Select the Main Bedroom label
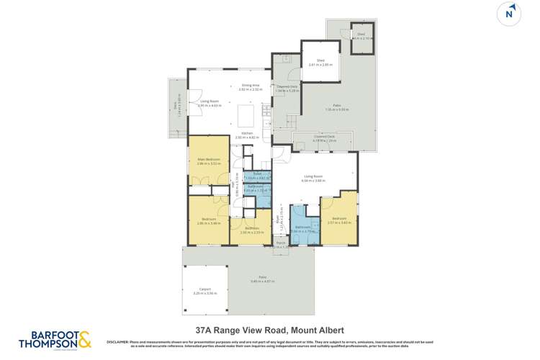pyautogui.click(x=209, y=161)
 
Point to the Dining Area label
pyautogui.click(x=250, y=87)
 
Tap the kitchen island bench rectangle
pyautogui.click(x=246, y=116)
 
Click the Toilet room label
pyautogui.click(x=258, y=175)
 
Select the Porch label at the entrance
pyautogui.click(x=281, y=244)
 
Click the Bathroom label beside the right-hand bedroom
pyautogui.click(x=302, y=229)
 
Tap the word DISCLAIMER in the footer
pyautogui.click(x=120, y=341)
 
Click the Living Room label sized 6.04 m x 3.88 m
pyautogui.click(x=313, y=178)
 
